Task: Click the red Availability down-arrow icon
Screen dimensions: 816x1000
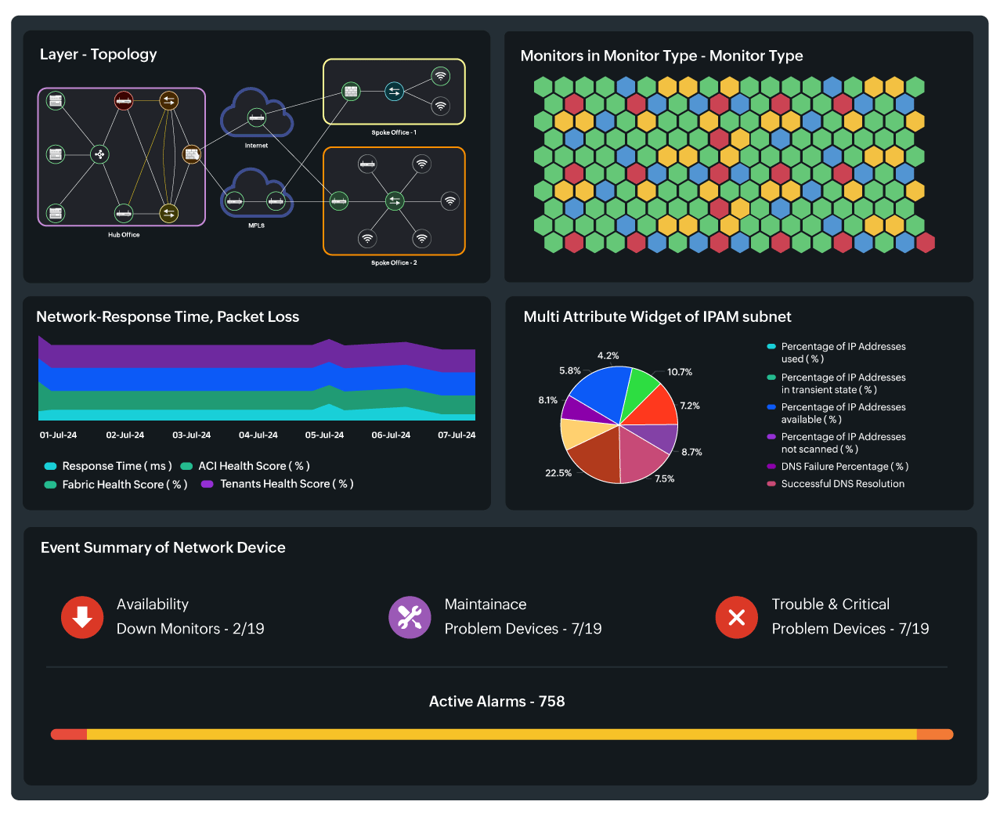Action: click(82, 617)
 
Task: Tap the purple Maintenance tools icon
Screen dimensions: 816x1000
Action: click(410, 617)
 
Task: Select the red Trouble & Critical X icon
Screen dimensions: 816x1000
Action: click(736, 617)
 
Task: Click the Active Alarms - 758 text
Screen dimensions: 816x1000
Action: click(496, 702)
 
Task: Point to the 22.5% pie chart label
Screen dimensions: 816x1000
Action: click(558, 473)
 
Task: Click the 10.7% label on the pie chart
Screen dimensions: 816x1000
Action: click(679, 372)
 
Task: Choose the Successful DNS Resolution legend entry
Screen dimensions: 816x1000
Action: click(842, 484)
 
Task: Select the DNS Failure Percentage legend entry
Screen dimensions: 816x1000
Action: click(843, 467)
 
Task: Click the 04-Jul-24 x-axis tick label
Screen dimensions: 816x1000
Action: click(258, 435)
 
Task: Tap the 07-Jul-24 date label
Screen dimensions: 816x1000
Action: click(457, 435)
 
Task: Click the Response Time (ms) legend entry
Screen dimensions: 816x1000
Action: click(116, 466)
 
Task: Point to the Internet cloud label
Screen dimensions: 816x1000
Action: click(256, 146)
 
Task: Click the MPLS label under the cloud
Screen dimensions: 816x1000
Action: click(256, 226)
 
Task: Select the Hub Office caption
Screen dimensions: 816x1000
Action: click(124, 235)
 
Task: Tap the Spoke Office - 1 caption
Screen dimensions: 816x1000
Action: click(394, 133)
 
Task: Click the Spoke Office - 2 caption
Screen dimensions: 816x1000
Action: click(394, 263)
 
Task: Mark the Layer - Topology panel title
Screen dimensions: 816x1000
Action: click(99, 55)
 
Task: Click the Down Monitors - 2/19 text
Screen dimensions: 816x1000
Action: click(190, 629)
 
